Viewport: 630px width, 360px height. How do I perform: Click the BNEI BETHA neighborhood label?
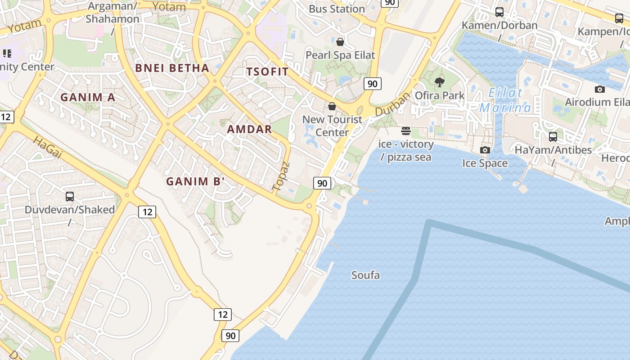tap(172, 68)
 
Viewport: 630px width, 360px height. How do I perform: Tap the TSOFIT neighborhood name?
tap(267, 72)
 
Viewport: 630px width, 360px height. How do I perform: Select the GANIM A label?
tap(88, 97)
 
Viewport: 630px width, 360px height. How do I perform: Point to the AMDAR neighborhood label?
tap(249, 130)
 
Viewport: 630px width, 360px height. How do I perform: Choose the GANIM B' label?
tap(195, 182)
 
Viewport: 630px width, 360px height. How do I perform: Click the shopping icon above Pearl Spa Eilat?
tap(340, 42)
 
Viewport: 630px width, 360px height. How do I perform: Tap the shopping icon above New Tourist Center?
tap(332, 106)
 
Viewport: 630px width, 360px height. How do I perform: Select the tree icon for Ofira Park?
tap(440, 82)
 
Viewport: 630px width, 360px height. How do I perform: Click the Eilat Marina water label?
tap(505, 100)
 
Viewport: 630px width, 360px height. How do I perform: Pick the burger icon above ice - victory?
tap(406, 131)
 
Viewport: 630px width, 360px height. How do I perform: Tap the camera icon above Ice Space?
tap(485, 150)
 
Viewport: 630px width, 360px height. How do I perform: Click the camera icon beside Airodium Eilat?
tap(599, 89)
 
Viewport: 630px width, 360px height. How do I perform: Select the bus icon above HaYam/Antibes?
tap(553, 136)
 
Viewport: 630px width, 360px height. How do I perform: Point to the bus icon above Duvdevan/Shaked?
tap(70, 196)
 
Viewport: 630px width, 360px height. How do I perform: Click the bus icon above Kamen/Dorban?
tap(499, 12)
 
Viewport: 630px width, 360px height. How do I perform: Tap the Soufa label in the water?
tap(365, 275)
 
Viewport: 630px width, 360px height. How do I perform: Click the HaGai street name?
tap(47, 147)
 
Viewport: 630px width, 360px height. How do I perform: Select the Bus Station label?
tap(337, 9)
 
